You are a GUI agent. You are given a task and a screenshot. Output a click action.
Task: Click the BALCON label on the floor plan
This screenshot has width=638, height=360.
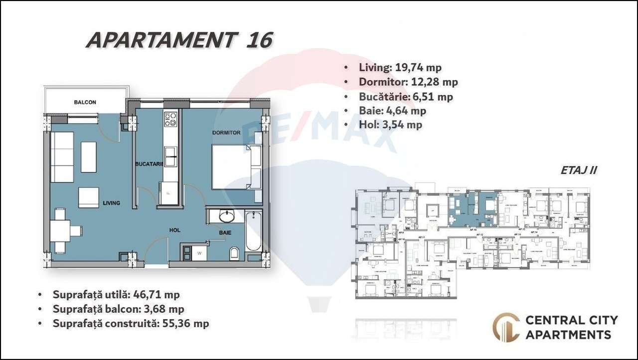(x=85, y=102)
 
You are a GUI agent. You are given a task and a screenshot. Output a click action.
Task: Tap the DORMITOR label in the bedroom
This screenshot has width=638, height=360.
(x=226, y=133)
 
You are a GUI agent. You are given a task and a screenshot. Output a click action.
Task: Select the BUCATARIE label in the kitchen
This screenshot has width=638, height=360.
(x=149, y=164)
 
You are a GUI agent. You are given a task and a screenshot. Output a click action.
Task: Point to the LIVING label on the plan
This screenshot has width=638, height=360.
(x=112, y=203)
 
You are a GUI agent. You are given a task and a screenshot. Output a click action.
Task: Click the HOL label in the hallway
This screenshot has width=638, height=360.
(x=174, y=230)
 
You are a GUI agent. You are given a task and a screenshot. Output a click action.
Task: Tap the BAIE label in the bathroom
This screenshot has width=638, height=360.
(x=225, y=232)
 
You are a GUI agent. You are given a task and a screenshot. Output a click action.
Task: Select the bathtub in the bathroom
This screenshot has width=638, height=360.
(x=253, y=231)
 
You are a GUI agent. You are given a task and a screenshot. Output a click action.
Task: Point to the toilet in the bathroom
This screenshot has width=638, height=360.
(x=235, y=254)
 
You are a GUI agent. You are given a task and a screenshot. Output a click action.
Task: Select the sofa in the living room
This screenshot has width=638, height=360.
(x=63, y=157)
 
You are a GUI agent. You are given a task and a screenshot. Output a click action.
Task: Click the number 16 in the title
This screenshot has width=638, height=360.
(x=259, y=40)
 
